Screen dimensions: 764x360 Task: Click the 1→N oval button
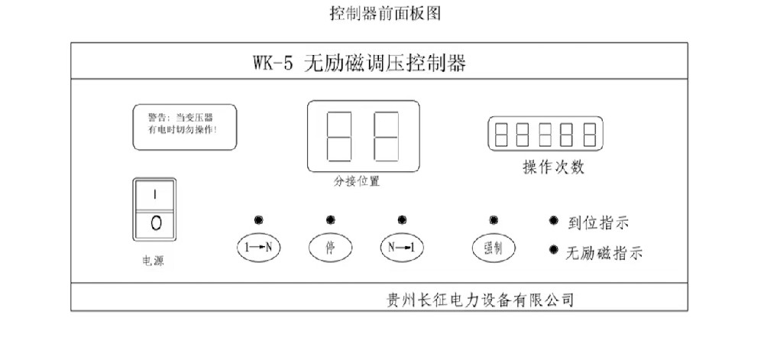[x=259, y=248]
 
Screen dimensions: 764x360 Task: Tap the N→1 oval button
[x=402, y=248]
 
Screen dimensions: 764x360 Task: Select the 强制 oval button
[x=494, y=248]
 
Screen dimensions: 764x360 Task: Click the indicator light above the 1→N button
[x=259, y=219]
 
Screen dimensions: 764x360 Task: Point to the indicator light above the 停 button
[x=330, y=219]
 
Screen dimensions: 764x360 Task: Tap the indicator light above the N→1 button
[x=402, y=219]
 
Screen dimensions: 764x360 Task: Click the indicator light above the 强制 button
[x=494, y=219]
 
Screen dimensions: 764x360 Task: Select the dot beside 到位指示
[x=553, y=221]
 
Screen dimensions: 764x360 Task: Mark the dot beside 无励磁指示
[x=553, y=250]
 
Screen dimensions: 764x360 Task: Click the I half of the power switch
[x=154, y=195]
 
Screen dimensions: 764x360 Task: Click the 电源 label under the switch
[x=153, y=261]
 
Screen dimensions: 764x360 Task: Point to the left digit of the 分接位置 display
[x=339, y=136]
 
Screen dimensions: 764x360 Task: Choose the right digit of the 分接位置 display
[x=387, y=136]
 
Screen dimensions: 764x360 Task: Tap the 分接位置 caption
[x=357, y=182]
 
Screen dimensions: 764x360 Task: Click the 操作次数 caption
[x=553, y=167]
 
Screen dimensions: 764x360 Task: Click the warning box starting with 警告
[x=185, y=127]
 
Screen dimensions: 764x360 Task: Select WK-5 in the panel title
[x=273, y=63]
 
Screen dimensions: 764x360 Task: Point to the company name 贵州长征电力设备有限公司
[x=481, y=300]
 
